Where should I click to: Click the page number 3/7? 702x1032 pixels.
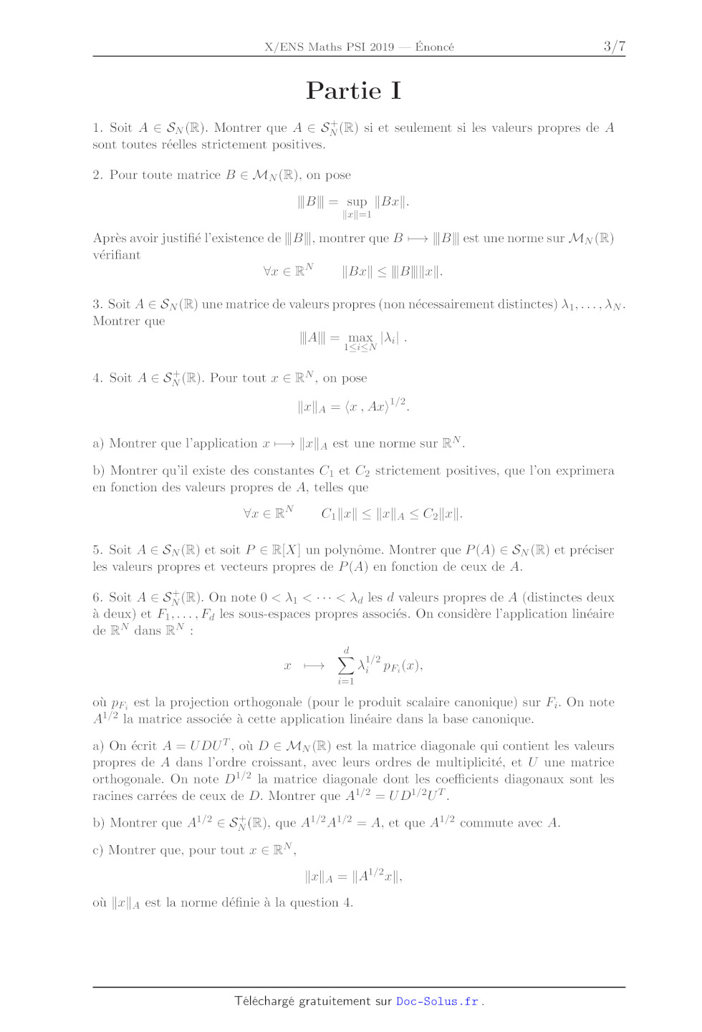click(x=614, y=47)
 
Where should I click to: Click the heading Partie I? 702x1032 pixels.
click(x=353, y=91)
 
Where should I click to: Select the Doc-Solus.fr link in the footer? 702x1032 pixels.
click(x=437, y=1001)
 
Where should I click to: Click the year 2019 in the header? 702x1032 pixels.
click(x=382, y=47)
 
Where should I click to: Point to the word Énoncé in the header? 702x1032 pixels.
click(x=434, y=47)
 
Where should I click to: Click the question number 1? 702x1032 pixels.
click(x=97, y=128)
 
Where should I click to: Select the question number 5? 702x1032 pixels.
click(x=97, y=550)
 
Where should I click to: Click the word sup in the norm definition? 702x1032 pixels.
click(x=356, y=202)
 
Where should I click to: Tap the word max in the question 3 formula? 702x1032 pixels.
click(x=360, y=337)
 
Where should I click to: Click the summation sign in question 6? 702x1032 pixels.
click(x=346, y=666)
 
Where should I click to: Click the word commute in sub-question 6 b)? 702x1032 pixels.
click(x=486, y=824)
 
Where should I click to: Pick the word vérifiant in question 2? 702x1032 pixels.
click(x=117, y=255)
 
